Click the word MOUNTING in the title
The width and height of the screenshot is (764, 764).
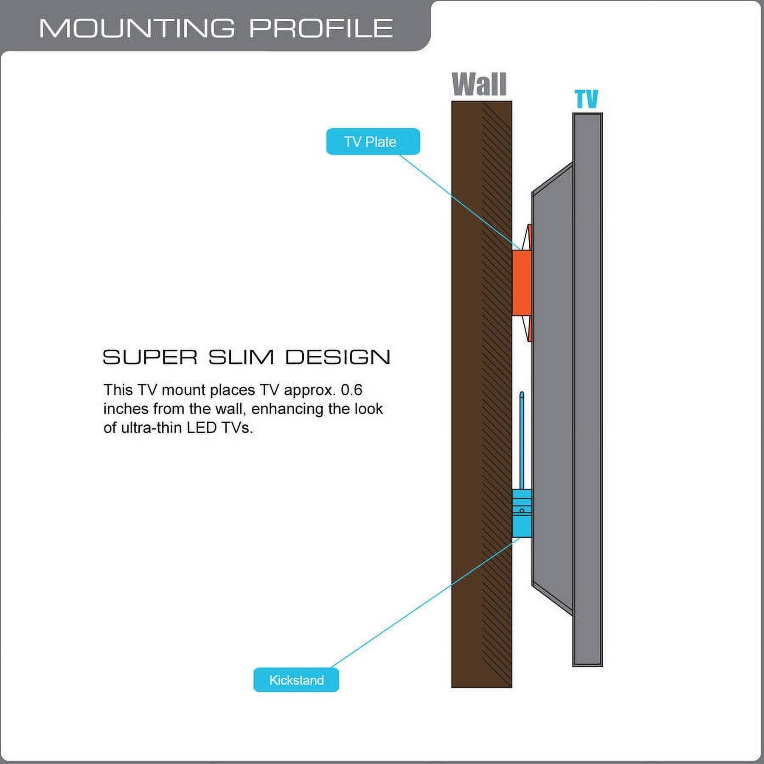pyautogui.click(x=137, y=28)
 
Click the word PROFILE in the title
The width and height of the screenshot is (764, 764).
pyautogui.click(x=321, y=28)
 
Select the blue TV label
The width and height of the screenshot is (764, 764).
pyautogui.click(x=586, y=99)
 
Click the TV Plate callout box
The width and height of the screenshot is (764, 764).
pyautogui.click(x=373, y=141)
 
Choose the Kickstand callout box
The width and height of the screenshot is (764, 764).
pyautogui.click(x=296, y=680)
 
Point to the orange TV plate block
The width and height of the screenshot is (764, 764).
pyautogui.click(x=522, y=283)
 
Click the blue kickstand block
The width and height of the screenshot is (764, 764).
pyautogui.click(x=522, y=513)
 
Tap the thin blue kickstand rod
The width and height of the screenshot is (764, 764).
pyautogui.click(x=522, y=441)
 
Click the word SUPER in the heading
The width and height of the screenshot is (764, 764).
pyautogui.click(x=150, y=357)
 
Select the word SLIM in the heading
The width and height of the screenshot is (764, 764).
pyautogui.click(x=241, y=357)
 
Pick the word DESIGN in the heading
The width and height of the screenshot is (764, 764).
pyautogui.click(x=337, y=357)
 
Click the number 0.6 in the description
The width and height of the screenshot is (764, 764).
pyautogui.click(x=351, y=390)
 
